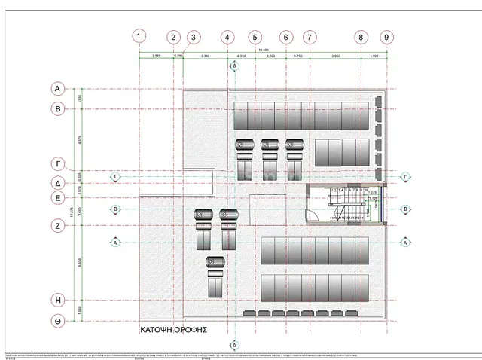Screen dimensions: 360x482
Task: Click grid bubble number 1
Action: click(139, 36)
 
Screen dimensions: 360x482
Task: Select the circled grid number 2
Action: click(174, 37)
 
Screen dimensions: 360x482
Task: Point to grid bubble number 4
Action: click(227, 37)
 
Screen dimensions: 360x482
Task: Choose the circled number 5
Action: click(255, 37)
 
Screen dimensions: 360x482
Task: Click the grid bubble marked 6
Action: click(285, 37)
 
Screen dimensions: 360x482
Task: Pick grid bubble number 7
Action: click(309, 37)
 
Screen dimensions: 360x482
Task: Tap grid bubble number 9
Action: click(386, 37)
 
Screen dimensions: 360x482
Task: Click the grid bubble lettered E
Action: click(57, 199)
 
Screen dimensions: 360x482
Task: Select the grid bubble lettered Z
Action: click(57, 225)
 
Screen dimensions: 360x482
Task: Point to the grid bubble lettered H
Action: click(57, 299)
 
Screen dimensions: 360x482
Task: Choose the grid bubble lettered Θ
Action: click(57, 321)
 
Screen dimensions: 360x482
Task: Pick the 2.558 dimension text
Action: click(156, 56)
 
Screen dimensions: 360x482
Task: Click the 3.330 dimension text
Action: click(205, 56)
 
